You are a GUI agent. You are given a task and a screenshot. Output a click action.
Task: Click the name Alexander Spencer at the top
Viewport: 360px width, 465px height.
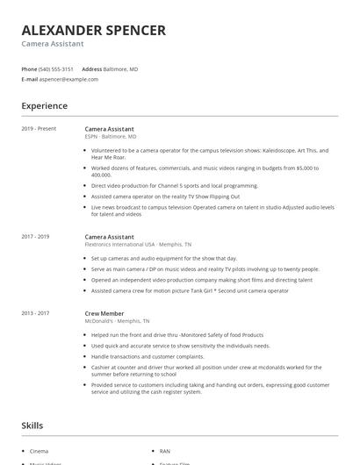point(93,31)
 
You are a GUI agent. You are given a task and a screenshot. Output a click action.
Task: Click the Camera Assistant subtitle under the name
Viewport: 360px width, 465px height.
point(53,44)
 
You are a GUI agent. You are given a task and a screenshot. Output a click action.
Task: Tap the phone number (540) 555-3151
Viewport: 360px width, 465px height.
point(56,68)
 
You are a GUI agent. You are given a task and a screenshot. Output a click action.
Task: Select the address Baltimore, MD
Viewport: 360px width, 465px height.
point(121,68)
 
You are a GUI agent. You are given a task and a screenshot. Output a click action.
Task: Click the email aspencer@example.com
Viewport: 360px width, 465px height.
point(68,79)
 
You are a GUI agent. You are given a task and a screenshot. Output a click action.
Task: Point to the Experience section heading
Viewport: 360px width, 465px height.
point(44,106)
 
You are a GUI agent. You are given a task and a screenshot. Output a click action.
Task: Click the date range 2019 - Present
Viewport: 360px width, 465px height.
point(39,129)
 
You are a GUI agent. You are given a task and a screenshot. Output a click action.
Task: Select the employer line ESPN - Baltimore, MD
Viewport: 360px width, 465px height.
point(111,137)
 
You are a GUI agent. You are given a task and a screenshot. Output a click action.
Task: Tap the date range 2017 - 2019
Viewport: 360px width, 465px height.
point(35,237)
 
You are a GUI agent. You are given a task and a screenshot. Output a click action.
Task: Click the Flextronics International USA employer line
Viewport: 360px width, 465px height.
point(138,245)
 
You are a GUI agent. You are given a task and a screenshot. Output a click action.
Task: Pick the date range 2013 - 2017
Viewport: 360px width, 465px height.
point(35,313)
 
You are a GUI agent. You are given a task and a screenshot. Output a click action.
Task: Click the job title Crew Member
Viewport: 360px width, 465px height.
point(104,313)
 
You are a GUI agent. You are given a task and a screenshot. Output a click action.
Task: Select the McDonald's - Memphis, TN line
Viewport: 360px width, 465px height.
point(117,321)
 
